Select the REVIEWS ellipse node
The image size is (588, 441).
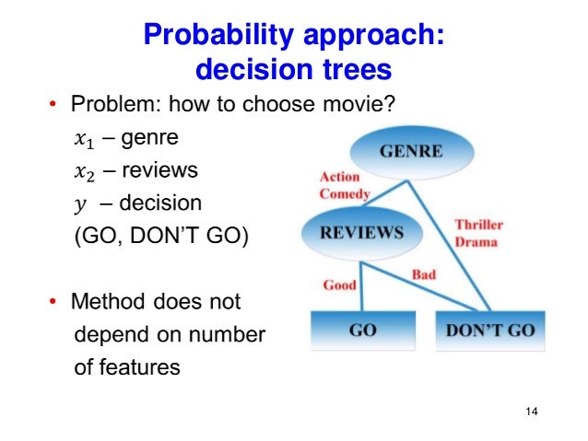(361, 233)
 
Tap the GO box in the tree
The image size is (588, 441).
(362, 331)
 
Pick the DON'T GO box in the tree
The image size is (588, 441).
(489, 331)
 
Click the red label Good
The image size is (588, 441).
(339, 285)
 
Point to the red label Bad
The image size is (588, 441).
(423, 275)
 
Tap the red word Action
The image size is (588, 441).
(340, 177)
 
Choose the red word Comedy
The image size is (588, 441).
(344, 193)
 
